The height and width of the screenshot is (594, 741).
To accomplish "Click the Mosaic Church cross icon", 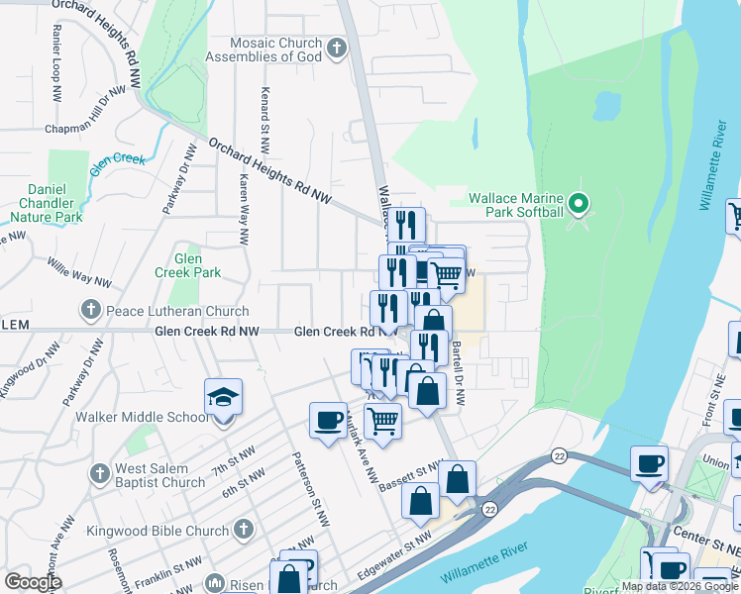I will (x=337, y=47).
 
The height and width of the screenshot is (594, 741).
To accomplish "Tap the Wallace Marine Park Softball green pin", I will (x=581, y=205).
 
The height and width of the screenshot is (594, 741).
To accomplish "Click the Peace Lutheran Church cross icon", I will (x=91, y=311).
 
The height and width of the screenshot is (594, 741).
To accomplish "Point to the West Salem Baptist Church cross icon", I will (x=99, y=474).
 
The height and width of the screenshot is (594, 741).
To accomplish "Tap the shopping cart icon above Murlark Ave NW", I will (x=382, y=422).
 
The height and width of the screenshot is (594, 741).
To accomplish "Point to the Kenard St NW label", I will (x=265, y=119).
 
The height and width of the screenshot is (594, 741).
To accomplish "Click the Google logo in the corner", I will (x=33, y=582).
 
